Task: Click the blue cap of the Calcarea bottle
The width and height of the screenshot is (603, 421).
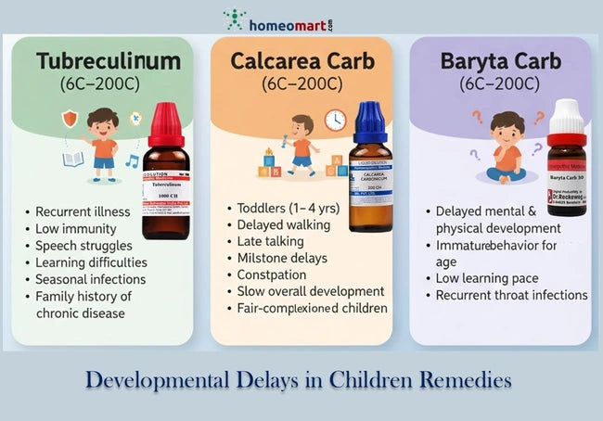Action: click(x=368, y=121)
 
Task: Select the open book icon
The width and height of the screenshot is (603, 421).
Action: click(x=74, y=159)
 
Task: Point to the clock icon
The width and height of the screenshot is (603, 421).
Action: click(x=335, y=120)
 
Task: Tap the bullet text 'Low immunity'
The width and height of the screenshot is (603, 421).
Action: click(x=76, y=228)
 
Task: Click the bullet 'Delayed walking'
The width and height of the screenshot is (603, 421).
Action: click(x=284, y=224)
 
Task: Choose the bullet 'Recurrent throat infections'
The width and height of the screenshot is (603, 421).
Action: click(x=511, y=295)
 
